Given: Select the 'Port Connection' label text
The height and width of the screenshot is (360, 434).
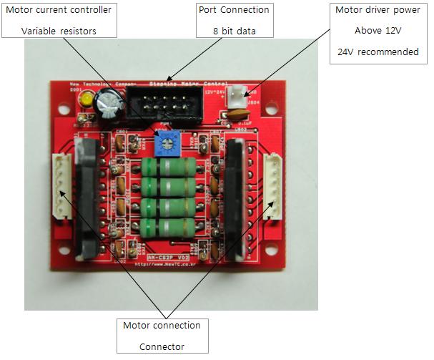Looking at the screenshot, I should point(233,11).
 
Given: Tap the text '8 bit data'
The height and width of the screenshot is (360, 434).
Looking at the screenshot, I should point(233,31).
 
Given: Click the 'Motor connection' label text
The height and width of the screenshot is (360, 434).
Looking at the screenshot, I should point(162,325).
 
